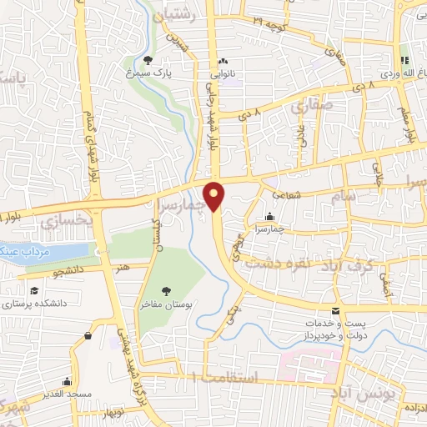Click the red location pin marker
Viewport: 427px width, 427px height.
(215, 196)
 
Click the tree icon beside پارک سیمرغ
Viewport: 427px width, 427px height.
(148, 60)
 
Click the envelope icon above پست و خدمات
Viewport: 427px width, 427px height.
(335, 309)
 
